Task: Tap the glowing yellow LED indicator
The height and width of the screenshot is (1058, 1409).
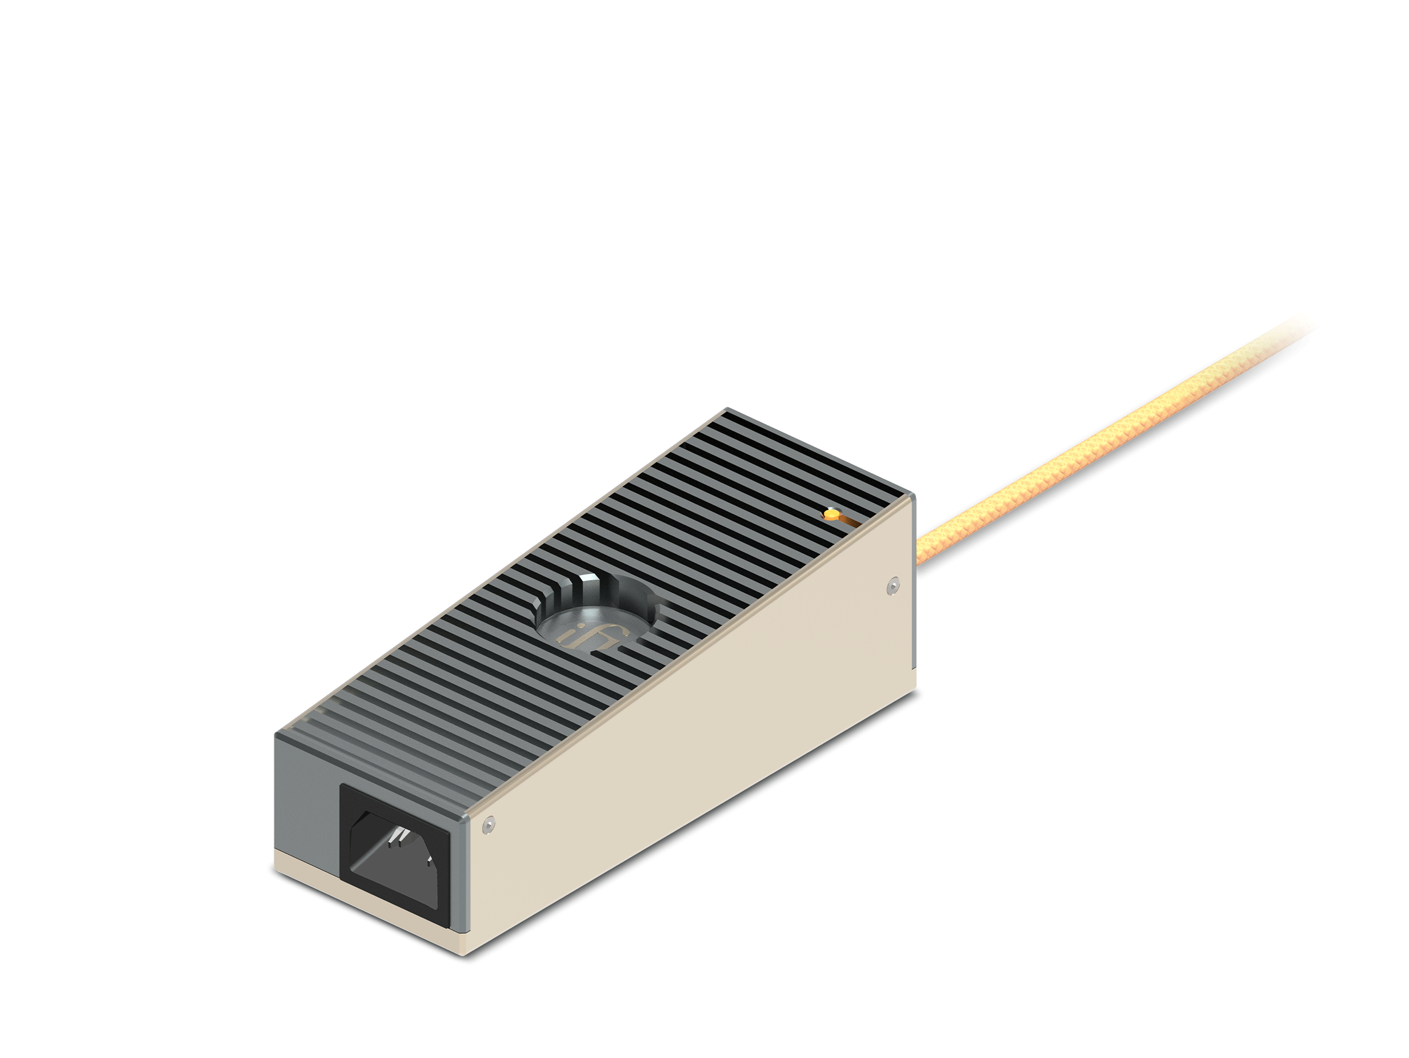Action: pos(831,514)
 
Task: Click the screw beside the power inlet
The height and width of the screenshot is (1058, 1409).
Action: pos(489,823)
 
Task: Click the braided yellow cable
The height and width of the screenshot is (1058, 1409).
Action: pos(1083,446)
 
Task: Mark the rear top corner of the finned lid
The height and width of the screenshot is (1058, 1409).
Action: pos(728,410)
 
